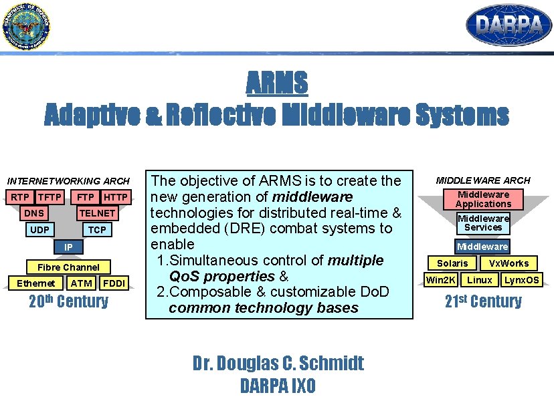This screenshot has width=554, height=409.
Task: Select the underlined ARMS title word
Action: tap(276, 84)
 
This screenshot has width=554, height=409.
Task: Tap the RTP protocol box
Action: tap(20, 197)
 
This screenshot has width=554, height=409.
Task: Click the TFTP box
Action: tap(50, 197)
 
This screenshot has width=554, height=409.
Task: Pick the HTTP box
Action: tap(116, 197)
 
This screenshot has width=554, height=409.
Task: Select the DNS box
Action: tap(33, 213)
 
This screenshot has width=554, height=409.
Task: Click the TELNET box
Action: tap(97, 213)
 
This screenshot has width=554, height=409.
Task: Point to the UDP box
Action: tap(39, 230)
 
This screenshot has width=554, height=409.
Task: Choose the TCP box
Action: tap(97, 230)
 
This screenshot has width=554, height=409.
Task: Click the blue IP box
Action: tap(68, 247)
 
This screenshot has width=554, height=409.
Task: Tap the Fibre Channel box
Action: tap(68, 267)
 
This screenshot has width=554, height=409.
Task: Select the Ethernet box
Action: tap(36, 283)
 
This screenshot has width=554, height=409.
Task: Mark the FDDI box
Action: tap(114, 283)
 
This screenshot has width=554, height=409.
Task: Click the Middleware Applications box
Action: tap(483, 199)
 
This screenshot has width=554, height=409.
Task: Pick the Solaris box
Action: tap(452, 263)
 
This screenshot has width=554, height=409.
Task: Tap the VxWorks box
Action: tap(509, 263)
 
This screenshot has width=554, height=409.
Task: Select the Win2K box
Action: tap(440, 280)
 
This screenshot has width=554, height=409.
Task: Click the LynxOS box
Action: tap(522, 280)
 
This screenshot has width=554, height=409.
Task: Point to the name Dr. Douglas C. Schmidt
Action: tap(278, 363)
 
